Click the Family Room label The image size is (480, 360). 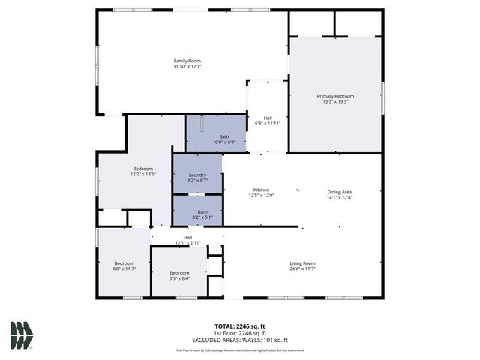[x=187, y=61]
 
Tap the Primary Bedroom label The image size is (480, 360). [x=335, y=96]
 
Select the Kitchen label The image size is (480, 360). [x=261, y=190]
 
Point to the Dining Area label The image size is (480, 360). [x=340, y=191]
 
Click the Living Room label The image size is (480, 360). [x=303, y=263]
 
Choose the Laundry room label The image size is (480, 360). [x=197, y=175]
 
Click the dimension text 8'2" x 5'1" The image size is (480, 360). [x=202, y=217]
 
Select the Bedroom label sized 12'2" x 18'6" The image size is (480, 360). [x=143, y=169]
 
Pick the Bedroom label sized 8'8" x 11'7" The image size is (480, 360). [x=124, y=263]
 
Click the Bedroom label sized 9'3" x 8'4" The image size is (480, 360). [x=179, y=272]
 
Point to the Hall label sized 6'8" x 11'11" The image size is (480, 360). [x=268, y=117]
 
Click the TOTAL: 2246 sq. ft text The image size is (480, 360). [x=240, y=326]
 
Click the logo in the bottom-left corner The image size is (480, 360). [x=22, y=334]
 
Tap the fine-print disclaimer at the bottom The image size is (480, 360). [x=240, y=349]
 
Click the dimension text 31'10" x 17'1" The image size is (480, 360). [x=187, y=67]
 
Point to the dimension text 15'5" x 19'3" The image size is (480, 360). [x=335, y=102]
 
